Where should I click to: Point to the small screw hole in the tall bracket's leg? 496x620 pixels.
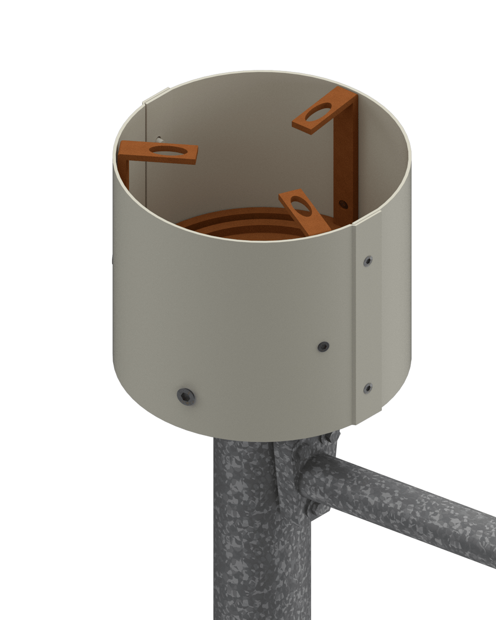[x=342, y=203]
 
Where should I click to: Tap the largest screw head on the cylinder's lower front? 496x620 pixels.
[x=186, y=396]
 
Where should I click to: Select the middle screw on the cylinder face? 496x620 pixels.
[x=323, y=347]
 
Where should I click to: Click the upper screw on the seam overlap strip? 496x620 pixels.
[x=367, y=261]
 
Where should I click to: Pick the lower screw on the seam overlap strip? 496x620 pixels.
[x=368, y=387]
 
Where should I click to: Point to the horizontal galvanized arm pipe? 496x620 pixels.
[x=407, y=506]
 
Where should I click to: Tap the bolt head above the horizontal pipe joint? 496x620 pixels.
[x=327, y=438]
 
